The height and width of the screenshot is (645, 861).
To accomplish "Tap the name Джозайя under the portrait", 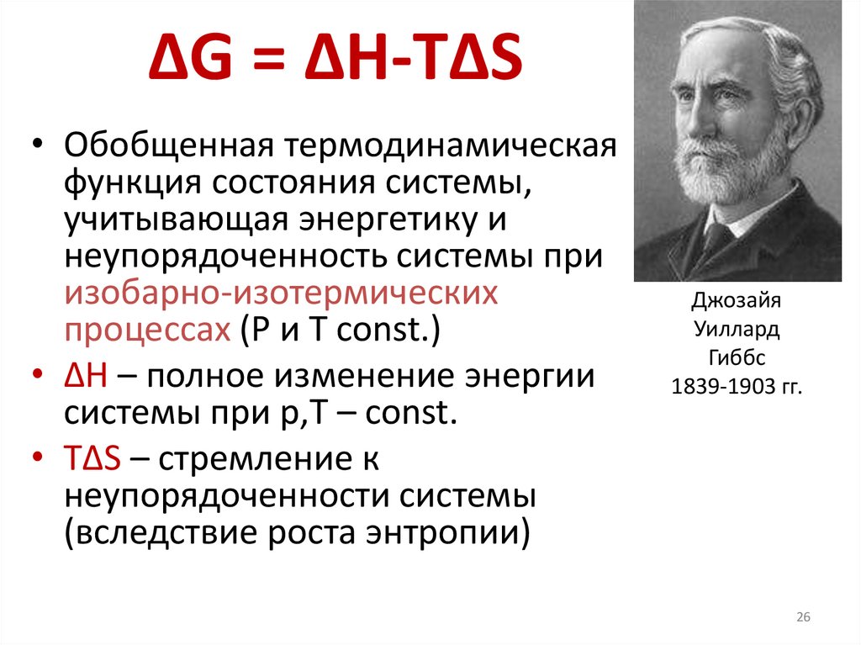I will click(737, 300).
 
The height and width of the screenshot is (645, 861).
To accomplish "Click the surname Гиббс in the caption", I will click(737, 359).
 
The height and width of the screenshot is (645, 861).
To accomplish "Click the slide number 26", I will click(803, 619).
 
